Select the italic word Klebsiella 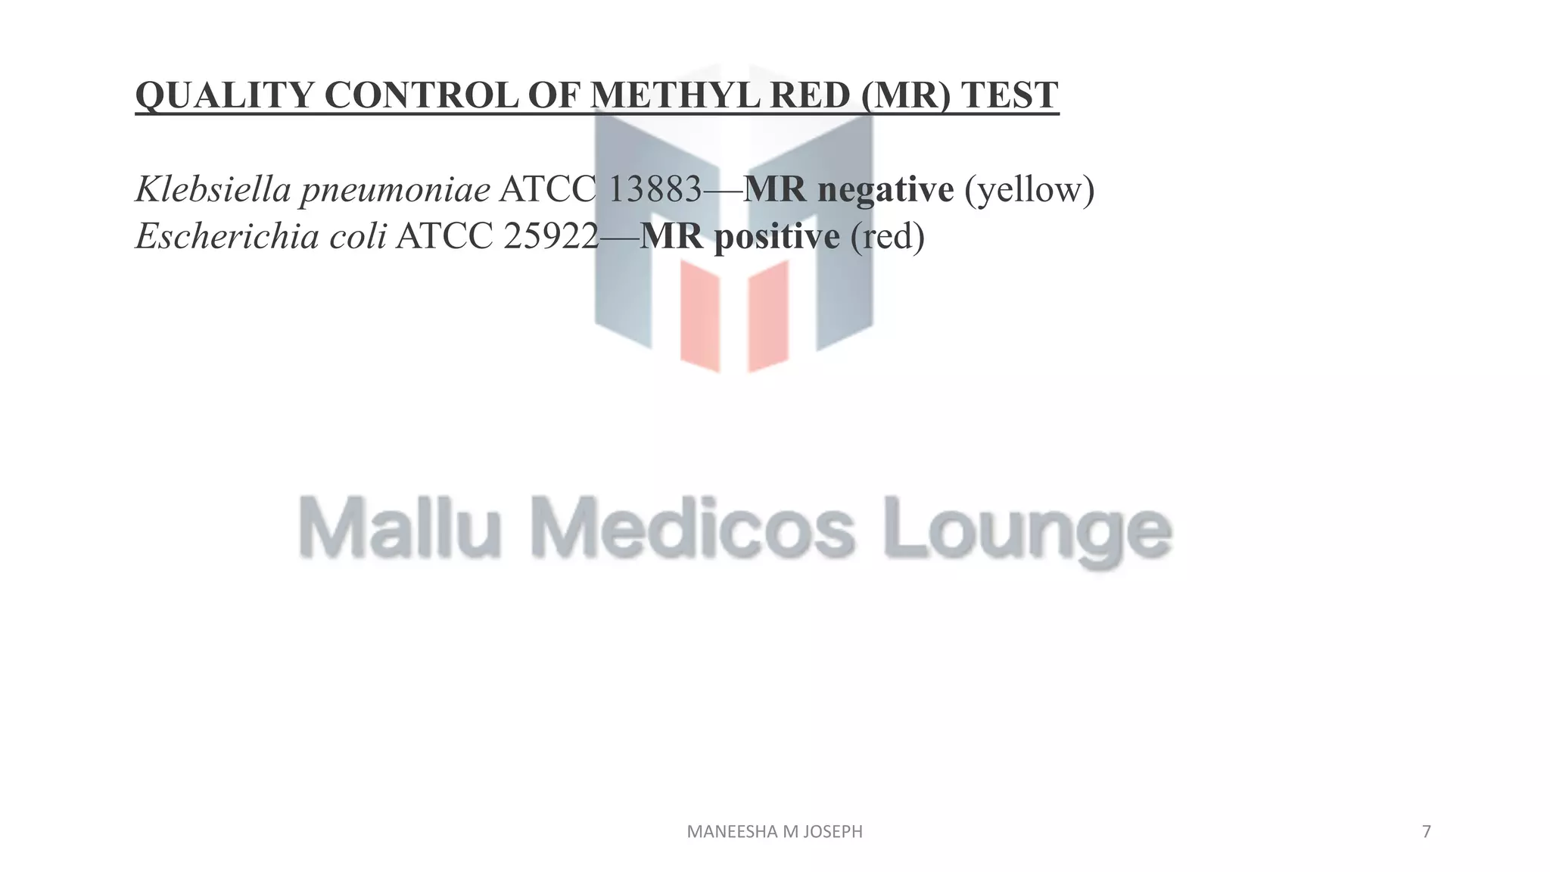(213, 188)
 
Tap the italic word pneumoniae (395, 190)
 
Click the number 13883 (655, 188)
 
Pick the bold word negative (885, 190)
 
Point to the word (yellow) (1029, 190)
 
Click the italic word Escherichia (227, 236)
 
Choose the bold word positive (777, 237)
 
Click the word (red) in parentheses (888, 237)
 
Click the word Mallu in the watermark (399, 527)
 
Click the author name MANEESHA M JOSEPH (774, 832)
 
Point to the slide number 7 (1427, 832)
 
